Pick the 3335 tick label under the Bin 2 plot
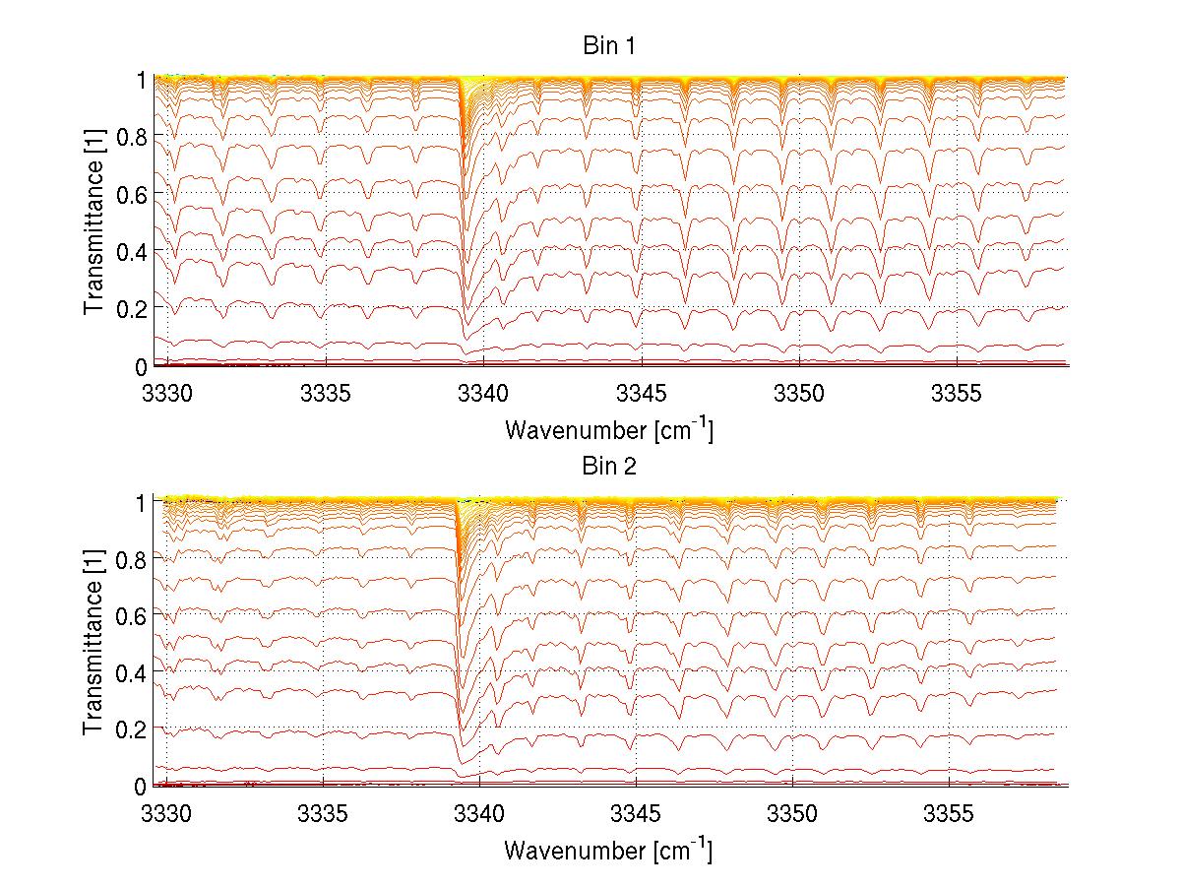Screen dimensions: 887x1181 324,812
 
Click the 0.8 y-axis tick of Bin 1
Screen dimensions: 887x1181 131,137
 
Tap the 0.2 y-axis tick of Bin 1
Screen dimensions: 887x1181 131,307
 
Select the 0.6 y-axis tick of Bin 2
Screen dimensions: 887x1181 131,614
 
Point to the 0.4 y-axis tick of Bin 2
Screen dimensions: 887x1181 131,671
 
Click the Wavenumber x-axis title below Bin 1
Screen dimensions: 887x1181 608,429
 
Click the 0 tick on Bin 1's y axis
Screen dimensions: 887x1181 141,366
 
